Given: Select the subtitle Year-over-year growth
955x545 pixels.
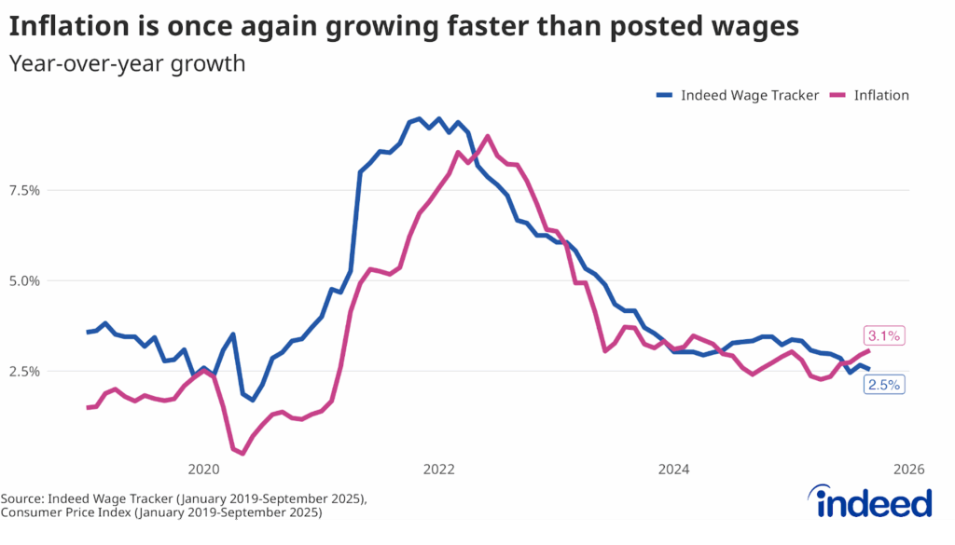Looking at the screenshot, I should pos(127,64).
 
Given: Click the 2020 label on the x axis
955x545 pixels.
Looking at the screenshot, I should pos(203,469).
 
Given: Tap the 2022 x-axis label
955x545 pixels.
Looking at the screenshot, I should pos(438,469).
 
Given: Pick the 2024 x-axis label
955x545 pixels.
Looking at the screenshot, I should pos(673,469).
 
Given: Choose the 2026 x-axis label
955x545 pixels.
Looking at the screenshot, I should pos(908,469).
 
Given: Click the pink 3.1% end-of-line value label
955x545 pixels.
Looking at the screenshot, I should pos(884,336).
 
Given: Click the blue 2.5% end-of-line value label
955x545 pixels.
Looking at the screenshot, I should pos(884,384).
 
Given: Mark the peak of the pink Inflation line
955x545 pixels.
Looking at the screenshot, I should pos(488,136).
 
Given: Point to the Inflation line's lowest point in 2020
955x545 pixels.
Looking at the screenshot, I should pos(242,454).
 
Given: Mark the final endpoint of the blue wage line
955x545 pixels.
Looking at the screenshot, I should pos(869,370).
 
